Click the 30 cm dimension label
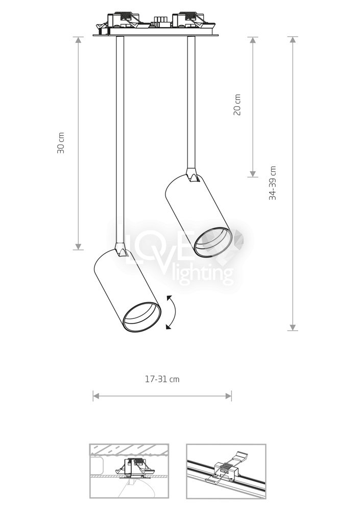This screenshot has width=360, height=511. (61, 143)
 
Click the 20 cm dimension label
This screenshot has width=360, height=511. (237, 105)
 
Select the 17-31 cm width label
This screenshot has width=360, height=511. (162, 379)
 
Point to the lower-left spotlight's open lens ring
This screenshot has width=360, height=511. (142, 317)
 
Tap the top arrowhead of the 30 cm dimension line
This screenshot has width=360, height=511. (78, 40)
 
